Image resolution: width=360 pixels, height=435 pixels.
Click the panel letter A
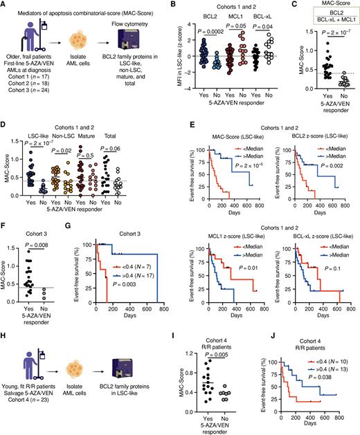click(x=5, y=6)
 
